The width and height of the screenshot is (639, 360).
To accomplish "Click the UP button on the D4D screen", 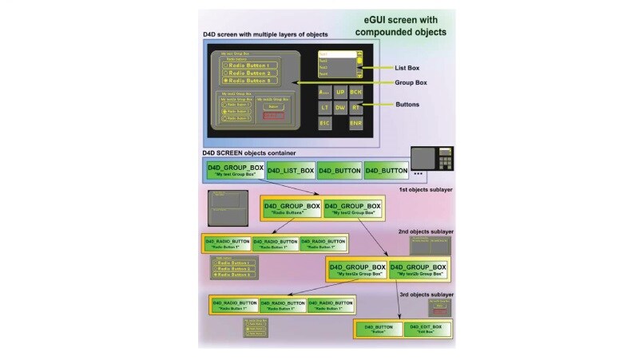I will (340, 91).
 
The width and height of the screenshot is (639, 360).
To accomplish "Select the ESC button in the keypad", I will (325, 123).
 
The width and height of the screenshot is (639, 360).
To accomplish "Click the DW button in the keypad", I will (340, 107).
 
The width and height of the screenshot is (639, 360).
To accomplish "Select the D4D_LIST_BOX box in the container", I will (290, 170).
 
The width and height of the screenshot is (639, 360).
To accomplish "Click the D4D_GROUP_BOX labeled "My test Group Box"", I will (235, 170).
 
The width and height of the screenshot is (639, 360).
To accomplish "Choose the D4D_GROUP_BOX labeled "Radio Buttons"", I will (292, 208).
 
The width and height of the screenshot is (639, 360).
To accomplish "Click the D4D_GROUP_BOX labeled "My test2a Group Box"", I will (357, 270).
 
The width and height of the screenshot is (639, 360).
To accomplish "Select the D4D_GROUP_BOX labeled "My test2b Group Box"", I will (416, 270).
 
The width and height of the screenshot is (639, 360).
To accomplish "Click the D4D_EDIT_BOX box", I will (427, 329).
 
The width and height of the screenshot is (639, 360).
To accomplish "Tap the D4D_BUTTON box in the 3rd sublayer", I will (379, 329).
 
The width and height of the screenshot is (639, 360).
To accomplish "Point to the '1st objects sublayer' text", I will (426, 190).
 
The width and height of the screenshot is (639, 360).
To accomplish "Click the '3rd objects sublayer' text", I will (426, 295).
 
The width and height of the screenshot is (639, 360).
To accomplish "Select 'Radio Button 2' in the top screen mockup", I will (252, 73).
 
